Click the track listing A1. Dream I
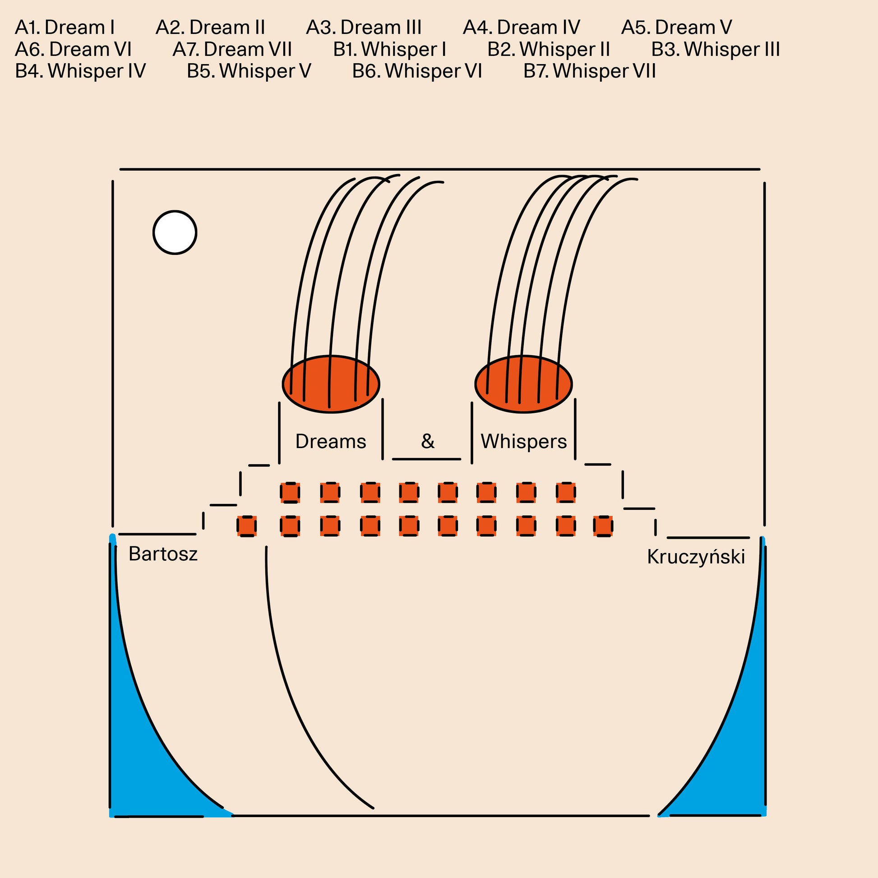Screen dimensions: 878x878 point(65,28)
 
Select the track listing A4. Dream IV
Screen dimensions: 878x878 point(521,28)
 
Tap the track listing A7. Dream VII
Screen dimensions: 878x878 point(232,50)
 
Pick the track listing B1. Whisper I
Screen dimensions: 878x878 point(389,50)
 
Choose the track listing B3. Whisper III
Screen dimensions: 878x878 point(715,50)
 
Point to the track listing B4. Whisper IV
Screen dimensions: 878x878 point(80,71)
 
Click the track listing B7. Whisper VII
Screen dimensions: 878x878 point(589,71)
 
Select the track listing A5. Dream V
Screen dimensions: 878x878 point(676,28)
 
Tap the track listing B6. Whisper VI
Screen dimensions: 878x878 point(417,71)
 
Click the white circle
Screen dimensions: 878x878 point(175,232)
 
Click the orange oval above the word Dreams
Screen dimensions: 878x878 point(331,384)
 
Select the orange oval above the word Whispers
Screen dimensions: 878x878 point(523,384)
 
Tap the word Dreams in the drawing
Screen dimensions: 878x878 point(330,441)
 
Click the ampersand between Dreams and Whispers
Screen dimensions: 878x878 point(428,441)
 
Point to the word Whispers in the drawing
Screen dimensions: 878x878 point(523,441)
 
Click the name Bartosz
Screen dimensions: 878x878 point(163,554)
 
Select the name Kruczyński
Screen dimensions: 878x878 point(696,557)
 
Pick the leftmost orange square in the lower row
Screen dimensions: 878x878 point(247,526)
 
